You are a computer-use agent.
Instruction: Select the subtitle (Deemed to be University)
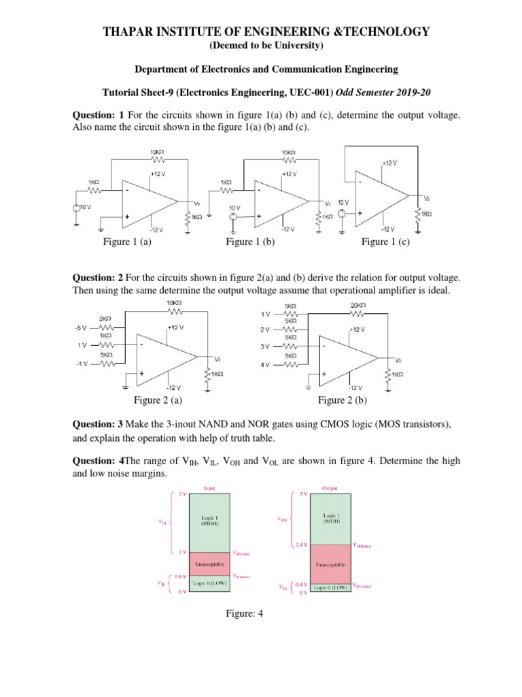(261, 46)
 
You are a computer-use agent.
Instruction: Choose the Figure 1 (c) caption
(385, 242)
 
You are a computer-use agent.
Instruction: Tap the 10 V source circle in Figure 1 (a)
(77, 206)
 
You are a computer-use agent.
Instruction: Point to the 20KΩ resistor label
(357, 306)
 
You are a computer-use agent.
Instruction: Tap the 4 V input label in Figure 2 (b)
(265, 364)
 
